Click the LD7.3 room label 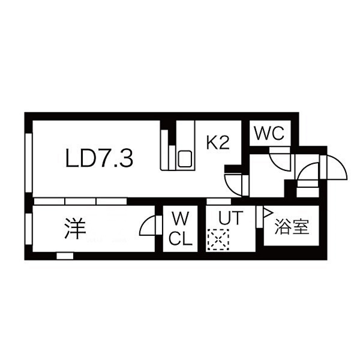click(x=99, y=158)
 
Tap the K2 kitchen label click(x=218, y=142)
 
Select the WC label click(x=269, y=133)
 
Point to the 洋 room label click(x=75, y=228)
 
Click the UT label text click(x=230, y=218)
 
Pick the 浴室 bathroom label click(x=292, y=226)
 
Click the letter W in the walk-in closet click(x=181, y=218)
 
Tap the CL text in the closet click(x=181, y=238)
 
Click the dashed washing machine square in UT click(x=218, y=239)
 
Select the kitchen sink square click(x=185, y=159)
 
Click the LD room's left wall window click(x=29, y=163)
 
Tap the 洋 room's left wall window click(x=29, y=229)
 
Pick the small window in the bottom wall click(x=65, y=256)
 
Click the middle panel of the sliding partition click(x=80, y=202)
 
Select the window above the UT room click(x=218, y=202)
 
